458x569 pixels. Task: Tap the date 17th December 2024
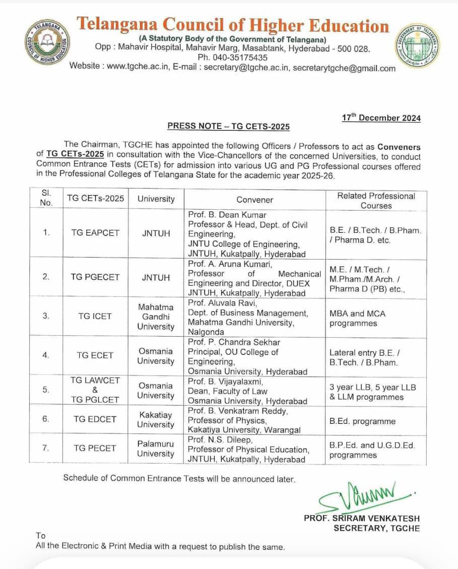pos(381,118)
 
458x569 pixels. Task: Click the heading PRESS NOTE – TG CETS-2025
pos(228,127)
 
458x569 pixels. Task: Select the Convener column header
pos(254,200)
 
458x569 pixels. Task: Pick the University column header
pos(156,199)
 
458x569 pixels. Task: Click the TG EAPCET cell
pos(95,233)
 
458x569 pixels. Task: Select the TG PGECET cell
pos(95,277)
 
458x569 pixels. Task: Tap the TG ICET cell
pos(95,317)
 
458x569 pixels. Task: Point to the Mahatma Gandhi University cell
pos(156,317)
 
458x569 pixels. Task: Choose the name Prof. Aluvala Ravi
pos(222,303)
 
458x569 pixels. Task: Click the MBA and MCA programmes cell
pos(357,318)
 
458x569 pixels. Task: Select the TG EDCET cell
pos(95,419)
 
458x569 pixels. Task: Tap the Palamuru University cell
pos(156,449)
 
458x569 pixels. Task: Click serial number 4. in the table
pos(46,355)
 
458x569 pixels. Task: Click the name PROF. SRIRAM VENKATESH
pos(361,518)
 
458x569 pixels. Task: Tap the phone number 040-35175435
pos(233,57)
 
